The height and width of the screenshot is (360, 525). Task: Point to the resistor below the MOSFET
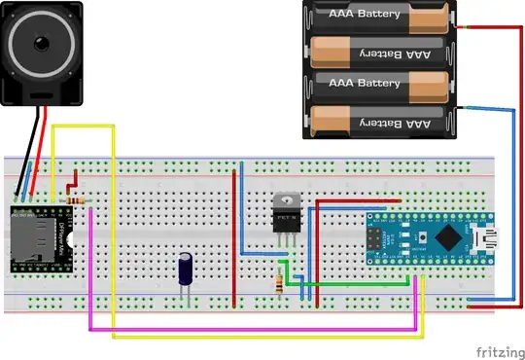(x=282, y=285)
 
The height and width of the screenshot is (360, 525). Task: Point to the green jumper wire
(x=350, y=284)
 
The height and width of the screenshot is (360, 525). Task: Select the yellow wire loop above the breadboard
(x=83, y=126)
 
